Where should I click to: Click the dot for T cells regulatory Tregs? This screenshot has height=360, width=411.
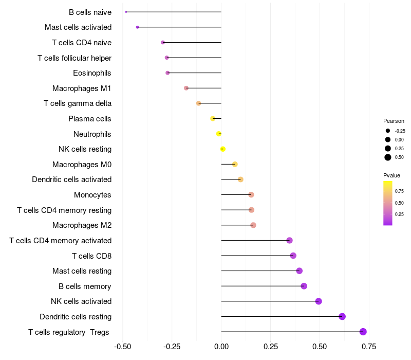coord(363,332)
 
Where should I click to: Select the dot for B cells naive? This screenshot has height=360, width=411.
coord(126,12)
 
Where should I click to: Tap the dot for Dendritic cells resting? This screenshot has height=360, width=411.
coord(342,316)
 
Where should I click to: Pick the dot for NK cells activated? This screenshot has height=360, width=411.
coord(319,301)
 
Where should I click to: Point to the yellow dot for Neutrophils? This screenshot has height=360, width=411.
coord(219,134)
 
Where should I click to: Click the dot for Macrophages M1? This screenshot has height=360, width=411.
coord(186,88)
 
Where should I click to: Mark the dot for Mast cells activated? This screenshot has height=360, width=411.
coord(137,27)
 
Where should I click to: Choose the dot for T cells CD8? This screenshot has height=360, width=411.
coord(293,256)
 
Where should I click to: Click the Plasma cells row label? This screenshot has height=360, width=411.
coord(90,119)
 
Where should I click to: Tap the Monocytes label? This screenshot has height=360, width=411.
coord(92,195)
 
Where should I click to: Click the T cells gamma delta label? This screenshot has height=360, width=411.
coord(78,103)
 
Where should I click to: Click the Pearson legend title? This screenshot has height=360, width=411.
coord(394,121)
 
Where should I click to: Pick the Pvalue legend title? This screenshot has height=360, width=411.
coord(392,175)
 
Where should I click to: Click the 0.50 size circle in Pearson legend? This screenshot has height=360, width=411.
coord(388,157)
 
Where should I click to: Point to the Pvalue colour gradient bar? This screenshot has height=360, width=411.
coord(388,203)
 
